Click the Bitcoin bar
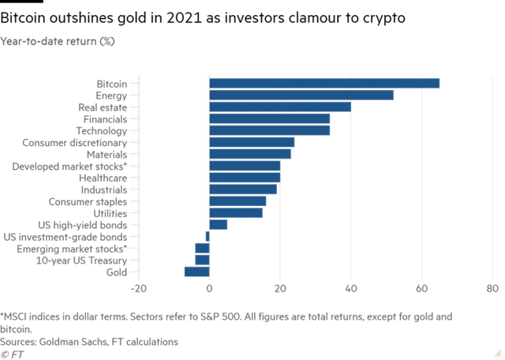pos(324,84)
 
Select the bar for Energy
pos(301,96)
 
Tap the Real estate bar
pos(279,107)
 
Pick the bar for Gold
pos(196,272)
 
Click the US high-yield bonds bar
pos(219,225)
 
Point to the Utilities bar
pos(236,213)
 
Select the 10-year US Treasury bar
pos(201,260)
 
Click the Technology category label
pos(100,131)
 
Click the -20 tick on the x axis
pos(139,288)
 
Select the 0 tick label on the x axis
pos(209,288)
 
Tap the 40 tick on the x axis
pos(350,288)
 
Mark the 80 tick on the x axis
pos(491,288)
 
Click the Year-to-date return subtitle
pos(59,40)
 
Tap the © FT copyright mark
pos(10,353)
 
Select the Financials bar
pos(270,119)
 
